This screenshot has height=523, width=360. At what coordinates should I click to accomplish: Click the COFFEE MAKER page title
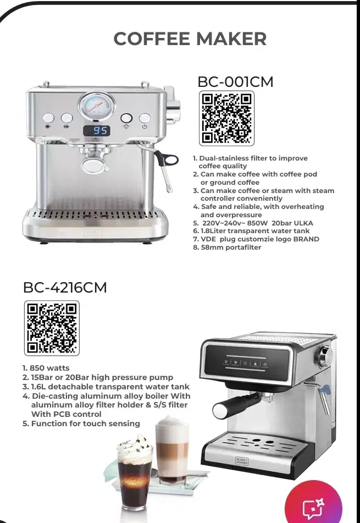tap(190, 38)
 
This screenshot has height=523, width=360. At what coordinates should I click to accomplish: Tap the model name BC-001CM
tap(235, 82)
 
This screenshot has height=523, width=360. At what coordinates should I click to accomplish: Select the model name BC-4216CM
tap(65, 288)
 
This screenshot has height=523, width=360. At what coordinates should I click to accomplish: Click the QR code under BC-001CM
tap(226, 118)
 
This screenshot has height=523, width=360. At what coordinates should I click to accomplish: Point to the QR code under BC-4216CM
tap(52, 328)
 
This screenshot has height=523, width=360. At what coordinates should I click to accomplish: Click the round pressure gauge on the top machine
tap(97, 106)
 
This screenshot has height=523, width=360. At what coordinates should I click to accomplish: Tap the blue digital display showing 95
tap(97, 131)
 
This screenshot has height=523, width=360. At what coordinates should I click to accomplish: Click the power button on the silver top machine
tap(145, 118)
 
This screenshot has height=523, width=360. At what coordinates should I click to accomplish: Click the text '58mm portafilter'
tap(231, 247)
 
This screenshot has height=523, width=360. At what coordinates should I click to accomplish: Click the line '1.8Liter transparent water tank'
tap(255, 231)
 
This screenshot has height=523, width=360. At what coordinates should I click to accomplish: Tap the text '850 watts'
tap(49, 368)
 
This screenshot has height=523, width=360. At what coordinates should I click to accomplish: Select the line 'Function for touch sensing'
tap(85, 423)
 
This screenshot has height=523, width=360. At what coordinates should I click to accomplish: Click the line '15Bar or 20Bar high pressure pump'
tap(102, 378)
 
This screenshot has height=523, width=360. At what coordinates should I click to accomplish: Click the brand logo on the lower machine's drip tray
tap(242, 461)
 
